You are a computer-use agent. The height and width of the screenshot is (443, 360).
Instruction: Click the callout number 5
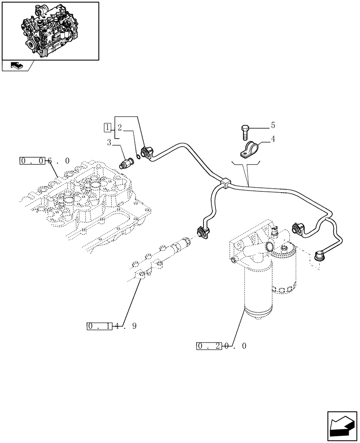(x=273, y=125)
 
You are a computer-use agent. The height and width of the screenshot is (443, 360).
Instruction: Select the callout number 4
(x=273, y=139)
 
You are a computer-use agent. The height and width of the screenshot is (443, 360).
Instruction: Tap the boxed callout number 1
(x=107, y=128)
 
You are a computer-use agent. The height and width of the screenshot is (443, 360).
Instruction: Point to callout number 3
(x=109, y=142)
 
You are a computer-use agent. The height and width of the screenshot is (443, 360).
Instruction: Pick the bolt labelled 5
(x=245, y=131)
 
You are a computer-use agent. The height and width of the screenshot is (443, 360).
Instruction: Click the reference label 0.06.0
(x=45, y=161)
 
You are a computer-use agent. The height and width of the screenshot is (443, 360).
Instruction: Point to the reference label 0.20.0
(x=220, y=346)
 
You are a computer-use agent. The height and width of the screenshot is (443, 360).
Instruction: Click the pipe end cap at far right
(x=319, y=255)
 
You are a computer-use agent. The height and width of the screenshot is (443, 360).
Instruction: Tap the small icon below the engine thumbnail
(x=16, y=66)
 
